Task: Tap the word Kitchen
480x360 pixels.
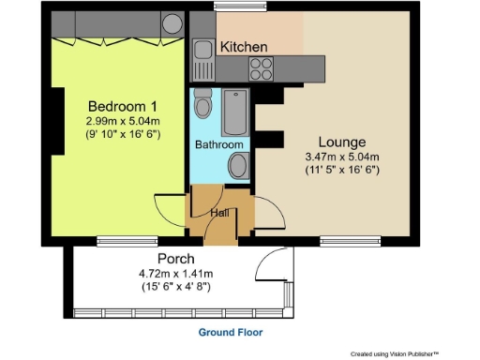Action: tap(244, 46)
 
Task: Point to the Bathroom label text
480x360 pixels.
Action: tap(219, 145)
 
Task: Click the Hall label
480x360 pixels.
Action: tap(219, 212)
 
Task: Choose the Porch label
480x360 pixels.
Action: tap(176, 259)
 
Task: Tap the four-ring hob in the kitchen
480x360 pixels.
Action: tap(260, 67)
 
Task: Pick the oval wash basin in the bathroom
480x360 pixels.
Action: tap(239, 167)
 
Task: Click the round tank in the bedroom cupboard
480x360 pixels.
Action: tap(173, 23)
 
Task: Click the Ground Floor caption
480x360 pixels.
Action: tap(231, 333)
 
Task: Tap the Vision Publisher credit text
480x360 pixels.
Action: tap(394, 353)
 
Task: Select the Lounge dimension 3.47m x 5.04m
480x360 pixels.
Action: tap(340, 157)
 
